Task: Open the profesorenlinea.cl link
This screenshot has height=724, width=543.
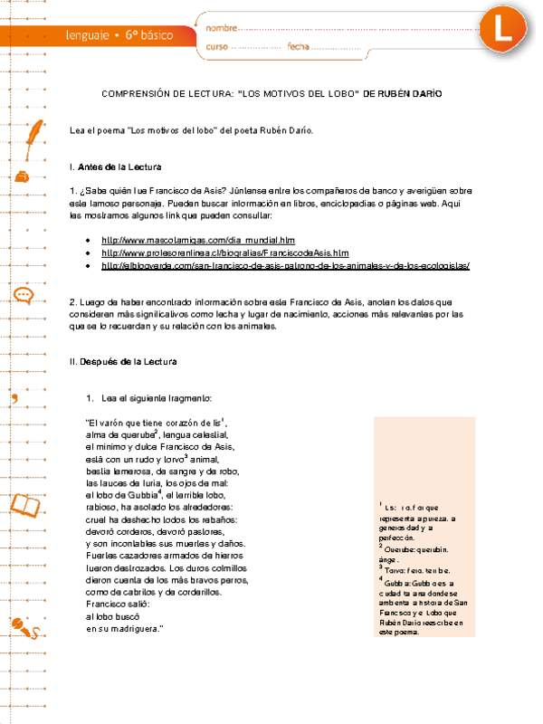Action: [x=224, y=253]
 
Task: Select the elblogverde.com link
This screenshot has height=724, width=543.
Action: [x=286, y=266]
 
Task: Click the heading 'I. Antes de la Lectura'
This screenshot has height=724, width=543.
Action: [x=115, y=167]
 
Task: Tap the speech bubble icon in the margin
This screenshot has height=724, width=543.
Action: [x=23, y=294]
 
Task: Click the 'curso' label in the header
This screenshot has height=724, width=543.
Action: [x=216, y=46]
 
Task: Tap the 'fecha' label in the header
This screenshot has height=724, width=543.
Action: [x=298, y=46]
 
